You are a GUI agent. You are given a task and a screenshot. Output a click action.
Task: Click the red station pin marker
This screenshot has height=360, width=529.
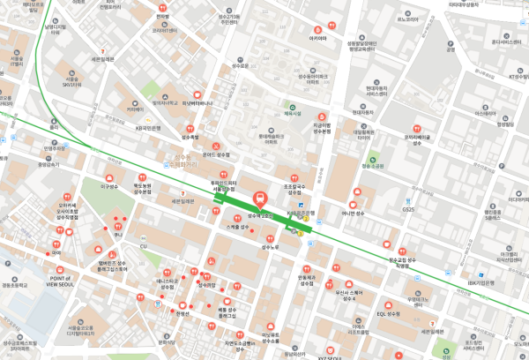pos(260,199)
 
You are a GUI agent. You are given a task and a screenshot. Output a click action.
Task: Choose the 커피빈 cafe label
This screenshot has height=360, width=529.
pos(135,109)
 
